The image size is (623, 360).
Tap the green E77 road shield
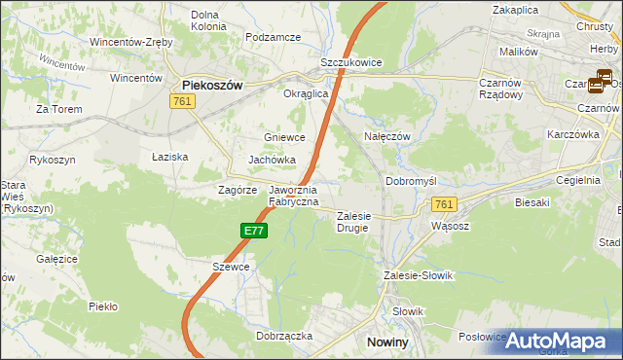253,231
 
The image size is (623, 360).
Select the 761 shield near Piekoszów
180,101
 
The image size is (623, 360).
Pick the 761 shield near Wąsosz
444,203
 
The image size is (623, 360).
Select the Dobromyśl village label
414,181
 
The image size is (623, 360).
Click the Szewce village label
231,267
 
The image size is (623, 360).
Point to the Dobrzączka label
284,335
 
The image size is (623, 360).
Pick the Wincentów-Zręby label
131,43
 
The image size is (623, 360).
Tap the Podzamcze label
274,37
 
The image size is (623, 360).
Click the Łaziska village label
169,157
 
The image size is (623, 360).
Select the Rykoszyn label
54,158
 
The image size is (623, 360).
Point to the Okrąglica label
280,94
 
